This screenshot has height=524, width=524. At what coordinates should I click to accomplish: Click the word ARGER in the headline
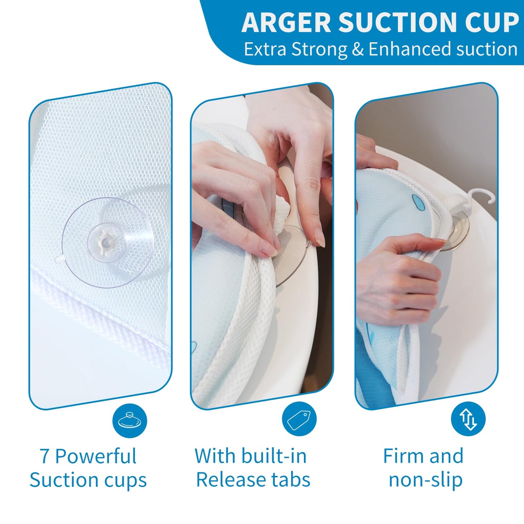286,23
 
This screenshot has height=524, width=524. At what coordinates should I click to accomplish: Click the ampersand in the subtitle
358,49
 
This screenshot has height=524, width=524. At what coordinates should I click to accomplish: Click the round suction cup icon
130,420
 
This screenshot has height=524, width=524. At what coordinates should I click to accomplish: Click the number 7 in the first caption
45,456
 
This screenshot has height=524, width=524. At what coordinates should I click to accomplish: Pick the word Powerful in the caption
96,456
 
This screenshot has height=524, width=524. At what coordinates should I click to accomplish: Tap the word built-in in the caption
274,456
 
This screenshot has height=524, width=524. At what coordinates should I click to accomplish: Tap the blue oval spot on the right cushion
418,202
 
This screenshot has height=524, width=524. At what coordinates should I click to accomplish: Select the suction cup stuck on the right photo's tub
457,231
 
